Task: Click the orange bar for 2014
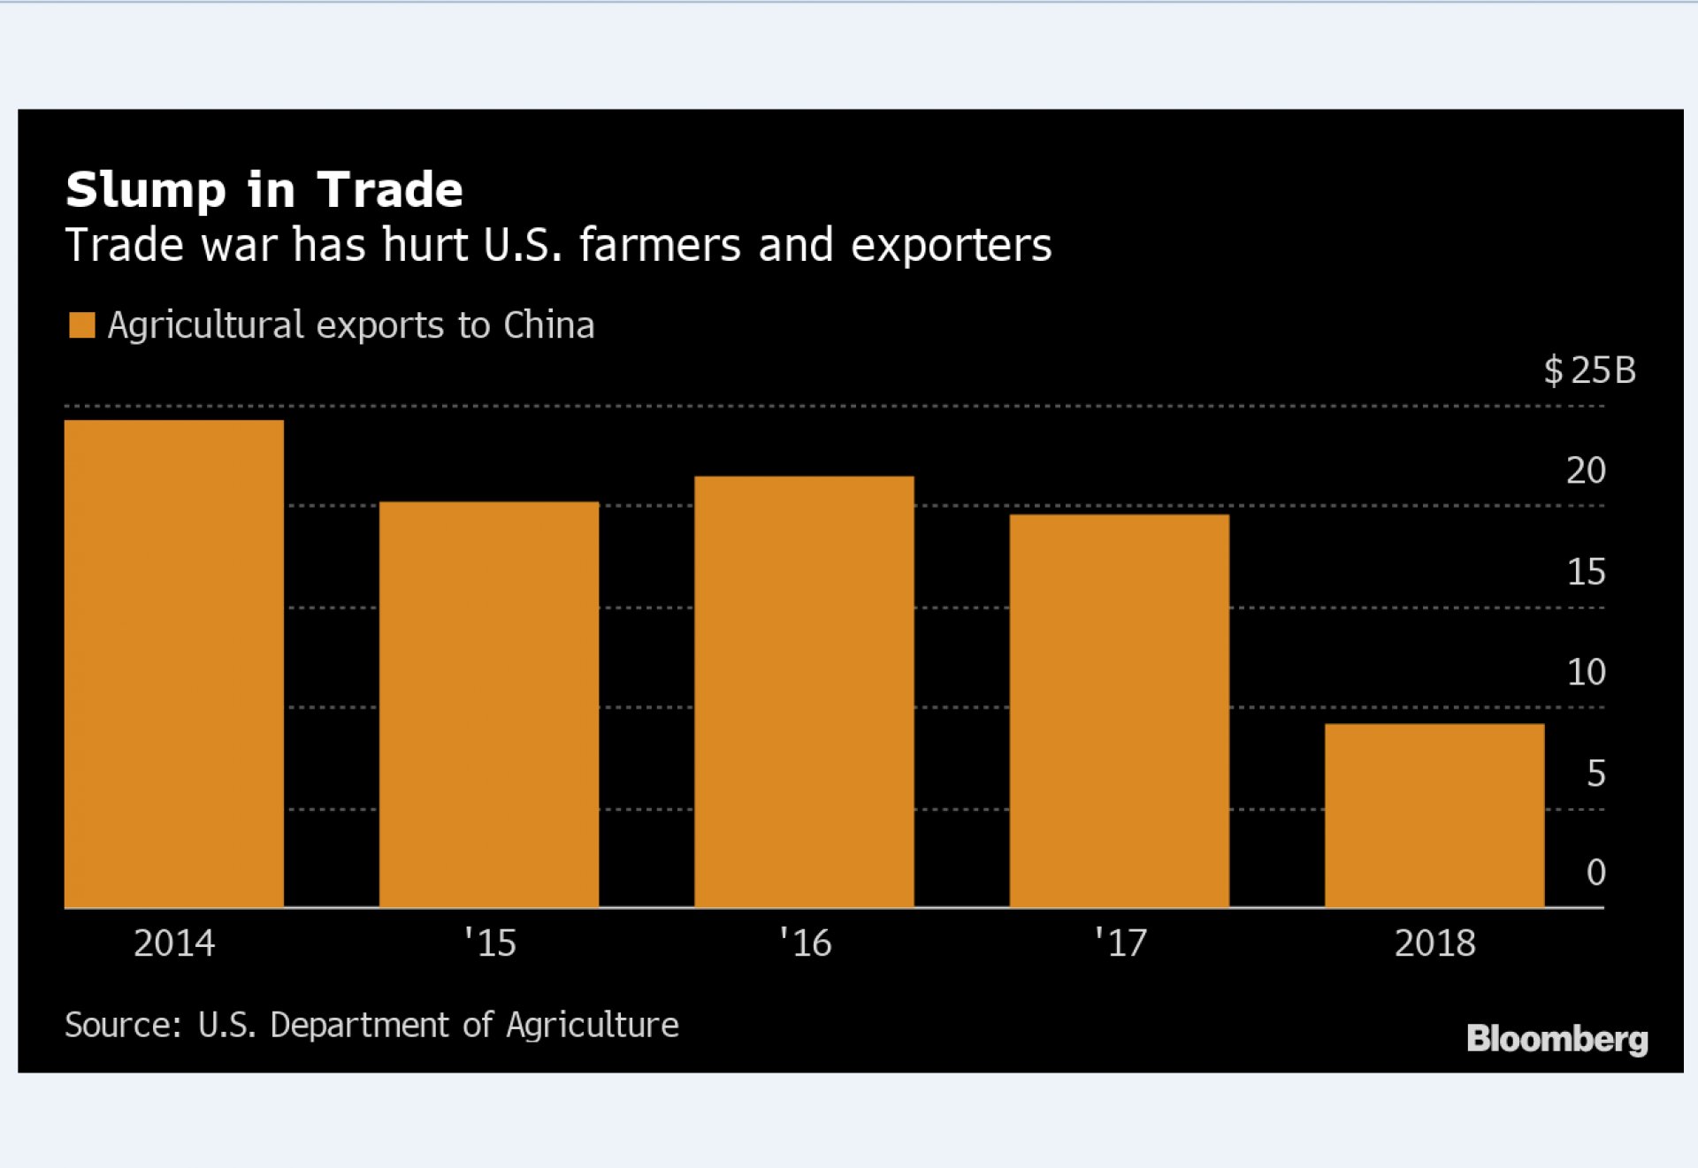point(174,663)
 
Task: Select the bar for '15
point(489,705)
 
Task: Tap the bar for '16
point(804,691)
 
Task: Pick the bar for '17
point(1119,711)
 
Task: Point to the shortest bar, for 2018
point(1434,815)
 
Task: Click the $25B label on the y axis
point(1589,370)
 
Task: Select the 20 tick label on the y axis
point(1586,470)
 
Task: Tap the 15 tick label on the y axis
point(1586,572)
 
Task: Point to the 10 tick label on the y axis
point(1586,673)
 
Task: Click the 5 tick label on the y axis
point(1595,774)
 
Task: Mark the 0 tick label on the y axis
point(1595,873)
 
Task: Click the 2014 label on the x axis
point(174,943)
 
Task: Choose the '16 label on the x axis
point(805,943)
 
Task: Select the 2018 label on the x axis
point(1434,943)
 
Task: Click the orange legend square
point(81,325)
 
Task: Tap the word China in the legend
point(548,325)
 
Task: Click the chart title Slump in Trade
point(264,190)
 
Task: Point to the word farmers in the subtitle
point(660,245)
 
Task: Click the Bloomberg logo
point(1556,1039)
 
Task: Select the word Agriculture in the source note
point(592,1025)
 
